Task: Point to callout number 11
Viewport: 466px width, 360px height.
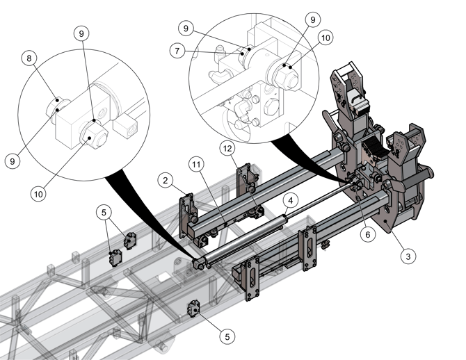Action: coord(197,165)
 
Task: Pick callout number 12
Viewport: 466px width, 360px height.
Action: coord(227,149)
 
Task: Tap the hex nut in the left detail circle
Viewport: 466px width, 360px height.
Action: coord(91,135)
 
